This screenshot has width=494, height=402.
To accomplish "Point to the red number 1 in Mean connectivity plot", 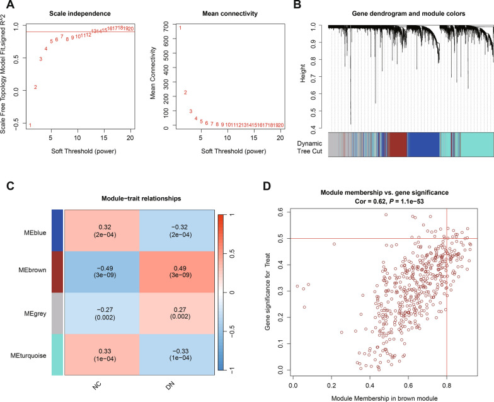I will coord(180,28).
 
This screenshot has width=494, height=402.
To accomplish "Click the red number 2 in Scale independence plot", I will coord(35,87).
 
